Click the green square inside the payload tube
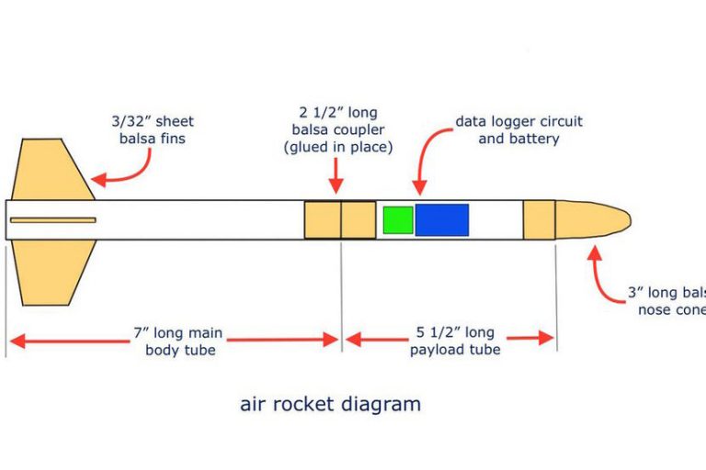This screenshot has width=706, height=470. (x=397, y=220)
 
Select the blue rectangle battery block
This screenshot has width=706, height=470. (x=441, y=220)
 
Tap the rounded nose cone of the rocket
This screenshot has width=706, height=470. (x=594, y=220)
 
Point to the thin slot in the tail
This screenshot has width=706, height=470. (x=53, y=220)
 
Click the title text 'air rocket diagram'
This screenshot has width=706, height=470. (x=330, y=404)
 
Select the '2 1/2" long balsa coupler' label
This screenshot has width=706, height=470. (x=338, y=129)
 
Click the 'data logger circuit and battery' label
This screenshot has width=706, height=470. (x=518, y=129)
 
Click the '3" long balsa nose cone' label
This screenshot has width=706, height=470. (x=667, y=301)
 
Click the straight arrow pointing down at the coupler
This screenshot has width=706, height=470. (x=337, y=175)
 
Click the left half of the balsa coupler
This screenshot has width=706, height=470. (x=323, y=220)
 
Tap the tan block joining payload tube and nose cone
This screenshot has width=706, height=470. (x=539, y=220)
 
